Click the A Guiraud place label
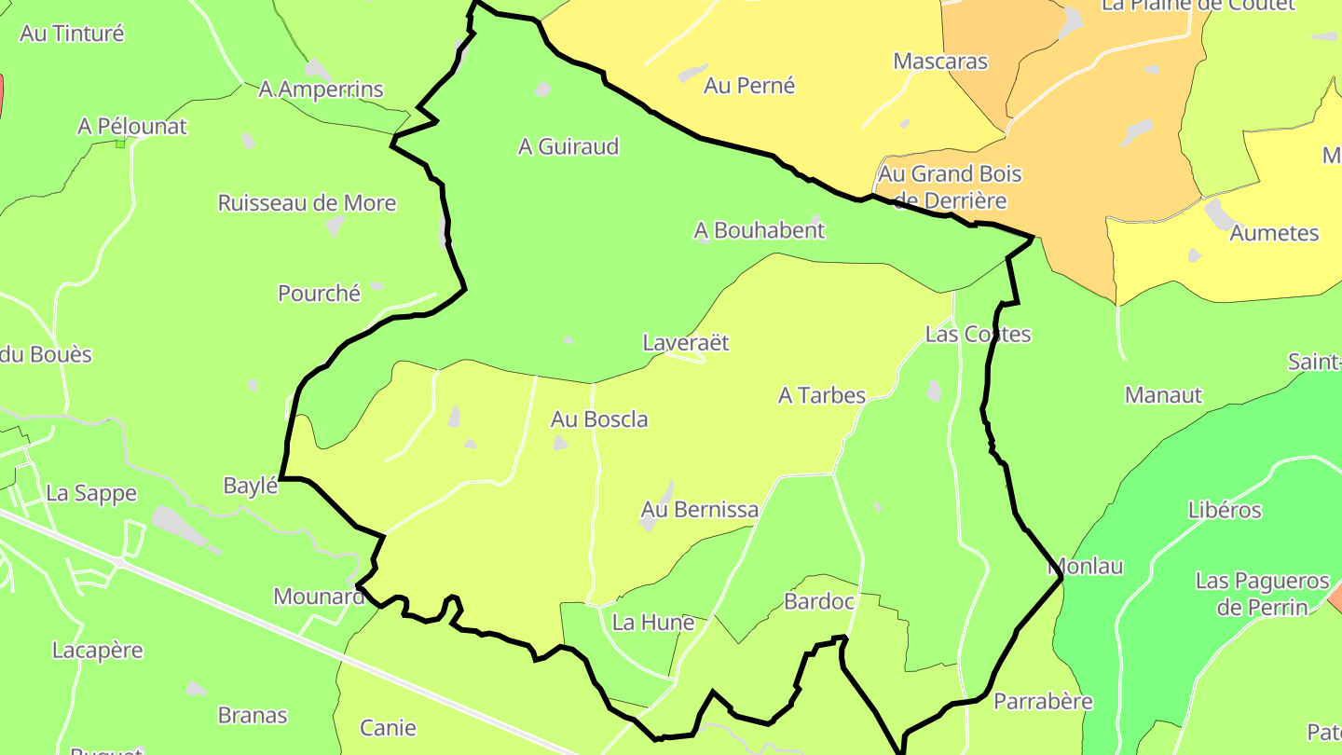point(568,146)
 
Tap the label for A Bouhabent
point(760,229)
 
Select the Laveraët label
point(686,343)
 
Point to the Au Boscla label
point(599,419)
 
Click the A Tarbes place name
point(822,395)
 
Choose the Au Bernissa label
point(699,510)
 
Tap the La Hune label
point(653,622)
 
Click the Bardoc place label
point(819,601)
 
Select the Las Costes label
point(978,334)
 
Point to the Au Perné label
point(749,86)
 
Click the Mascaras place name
point(940,62)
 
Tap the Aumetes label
point(1274,233)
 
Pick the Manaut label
point(1163,395)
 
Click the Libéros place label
point(1225,510)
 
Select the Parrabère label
point(1043,701)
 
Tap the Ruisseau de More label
point(307,203)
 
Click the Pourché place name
point(319,293)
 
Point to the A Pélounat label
point(132,127)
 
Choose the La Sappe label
point(91,493)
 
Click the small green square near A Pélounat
point(120,144)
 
